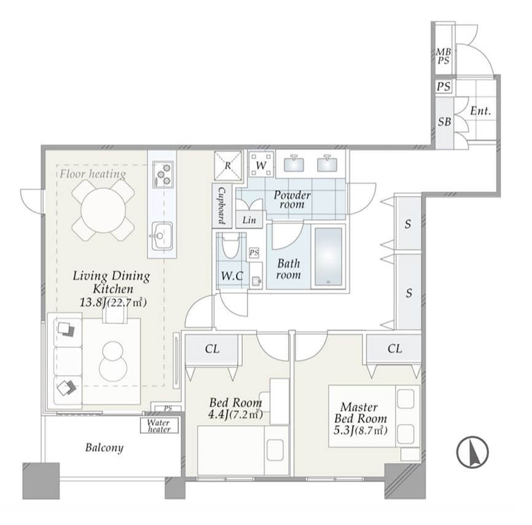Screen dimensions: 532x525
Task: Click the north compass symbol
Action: coord(472,452)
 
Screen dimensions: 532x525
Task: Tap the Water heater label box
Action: coord(158,425)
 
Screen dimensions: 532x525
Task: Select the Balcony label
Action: coord(104,448)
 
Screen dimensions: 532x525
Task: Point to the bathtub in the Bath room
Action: coord(328,256)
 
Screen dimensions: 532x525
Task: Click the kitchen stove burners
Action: coord(163,174)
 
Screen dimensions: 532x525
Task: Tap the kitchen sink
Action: coord(162,235)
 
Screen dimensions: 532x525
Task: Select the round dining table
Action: coord(103,210)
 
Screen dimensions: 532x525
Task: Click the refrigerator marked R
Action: coord(228,166)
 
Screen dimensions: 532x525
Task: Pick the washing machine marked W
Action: coord(261,165)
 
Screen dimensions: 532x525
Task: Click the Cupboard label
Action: coord(222,206)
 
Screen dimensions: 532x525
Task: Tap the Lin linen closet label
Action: coord(249,220)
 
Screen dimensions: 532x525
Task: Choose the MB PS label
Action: coord(444,57)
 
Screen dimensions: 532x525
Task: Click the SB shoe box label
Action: coord(445,122)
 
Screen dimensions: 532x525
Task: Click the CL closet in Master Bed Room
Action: coord(394,349)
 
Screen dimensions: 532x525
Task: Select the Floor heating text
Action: coord(93,174)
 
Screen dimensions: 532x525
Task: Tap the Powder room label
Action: coord(292,199)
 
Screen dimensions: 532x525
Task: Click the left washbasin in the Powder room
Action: coord(294,164)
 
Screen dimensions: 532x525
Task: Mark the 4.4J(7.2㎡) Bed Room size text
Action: coord(235,414)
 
